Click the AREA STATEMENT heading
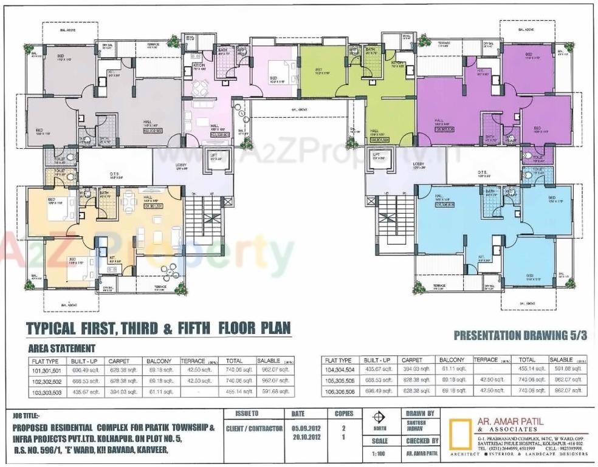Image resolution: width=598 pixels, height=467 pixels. tap(61, 348)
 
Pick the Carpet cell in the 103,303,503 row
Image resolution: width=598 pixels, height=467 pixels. tap(123, 392)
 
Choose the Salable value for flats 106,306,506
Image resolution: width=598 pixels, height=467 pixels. tap(566, 392)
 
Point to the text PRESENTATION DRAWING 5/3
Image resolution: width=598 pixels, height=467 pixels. tap(520, 335)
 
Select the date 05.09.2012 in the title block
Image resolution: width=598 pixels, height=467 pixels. tap(298, 428)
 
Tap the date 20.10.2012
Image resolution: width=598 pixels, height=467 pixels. tap(298, 437)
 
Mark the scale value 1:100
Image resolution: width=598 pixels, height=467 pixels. tap(379, 454)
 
